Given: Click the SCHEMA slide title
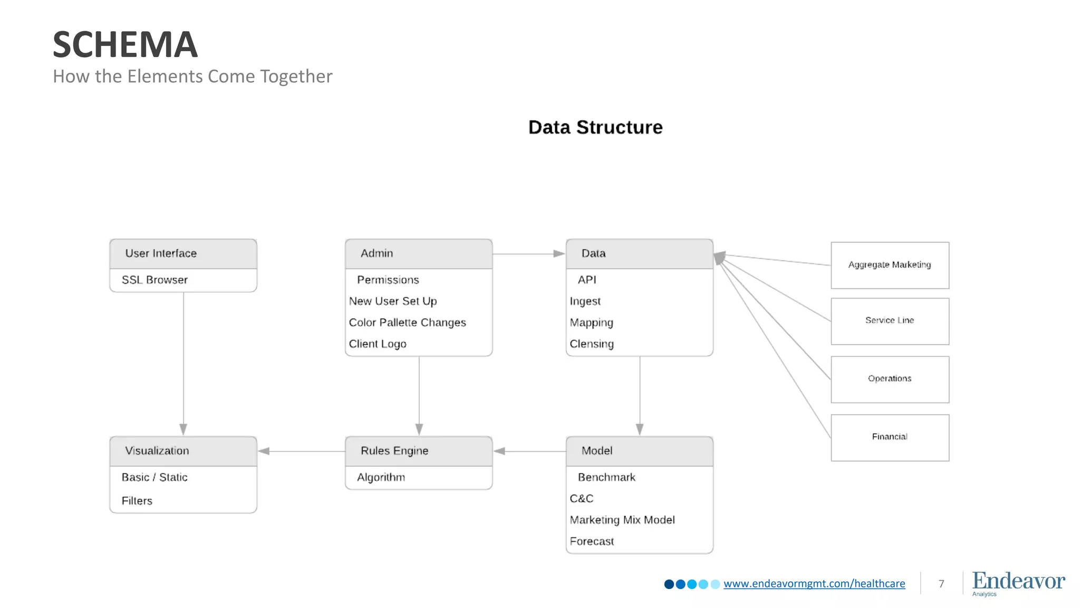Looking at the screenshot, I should (x=125, y=44).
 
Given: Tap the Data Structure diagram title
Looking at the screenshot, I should (x=595, y=127).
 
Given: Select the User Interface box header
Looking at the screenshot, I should (x=183, y=253).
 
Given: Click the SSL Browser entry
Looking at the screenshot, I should (x=155, y=280).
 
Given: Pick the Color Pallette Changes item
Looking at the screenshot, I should (x=407, y=322).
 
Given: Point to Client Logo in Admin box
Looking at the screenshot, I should (x=378, y=344).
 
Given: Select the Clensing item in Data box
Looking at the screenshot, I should (x=592, y=344).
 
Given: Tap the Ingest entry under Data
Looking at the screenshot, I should (x=585, y=301).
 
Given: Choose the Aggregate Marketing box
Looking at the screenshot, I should (x=890, y=265).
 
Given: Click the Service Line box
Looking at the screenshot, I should (x=890, y=321).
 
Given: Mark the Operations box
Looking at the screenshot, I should (x=890, y=379).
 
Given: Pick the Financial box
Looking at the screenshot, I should (x=890, y=437).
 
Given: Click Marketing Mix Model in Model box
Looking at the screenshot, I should (x=622, y=520).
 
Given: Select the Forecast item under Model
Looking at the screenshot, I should (x=592, y=541).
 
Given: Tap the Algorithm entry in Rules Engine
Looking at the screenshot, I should (x=381, y=477).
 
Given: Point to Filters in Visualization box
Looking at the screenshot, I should (x=137, y=501).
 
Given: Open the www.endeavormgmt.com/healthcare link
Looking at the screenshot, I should (x=814, y=584).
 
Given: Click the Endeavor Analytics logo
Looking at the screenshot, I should (x=1018, y=583).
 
